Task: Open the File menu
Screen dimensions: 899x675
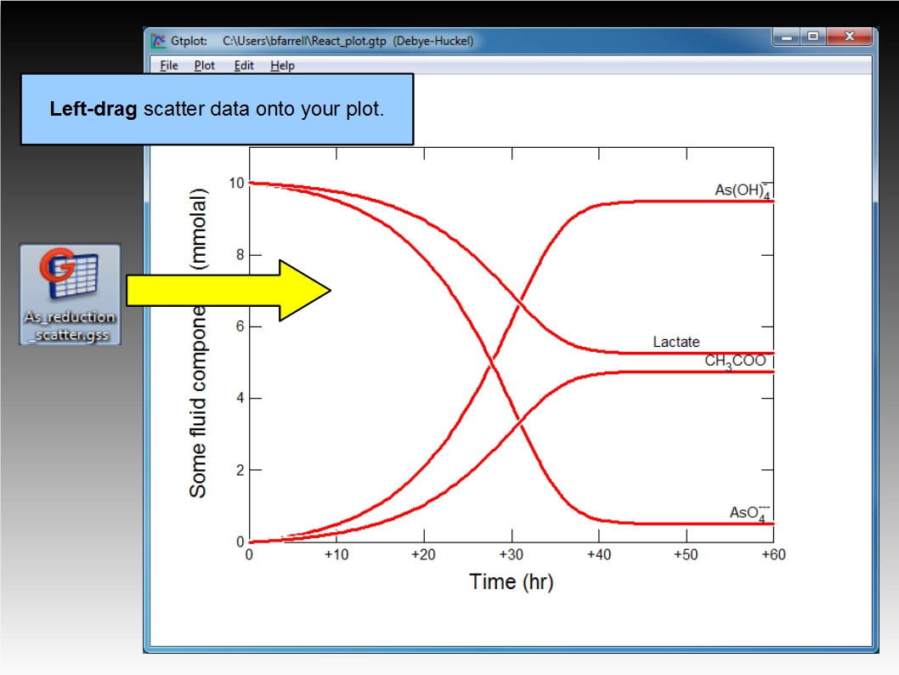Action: pos(168,65)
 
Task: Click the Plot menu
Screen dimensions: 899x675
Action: pos(204,65)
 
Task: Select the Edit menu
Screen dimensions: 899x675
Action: pos(244,65)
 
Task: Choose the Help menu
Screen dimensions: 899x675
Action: pos(282,65)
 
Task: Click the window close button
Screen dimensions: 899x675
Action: pos(849,37)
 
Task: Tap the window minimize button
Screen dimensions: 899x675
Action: pos(787,37)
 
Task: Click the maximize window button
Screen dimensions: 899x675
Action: pos(813,37)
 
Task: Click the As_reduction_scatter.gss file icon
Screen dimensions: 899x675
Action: pos(70,294)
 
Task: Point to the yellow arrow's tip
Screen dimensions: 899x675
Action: pos(331,290)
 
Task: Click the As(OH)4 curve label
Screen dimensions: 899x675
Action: pos(743,190)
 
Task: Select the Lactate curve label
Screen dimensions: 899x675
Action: pos(676,342)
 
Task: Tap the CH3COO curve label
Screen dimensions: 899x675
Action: pos(736,360)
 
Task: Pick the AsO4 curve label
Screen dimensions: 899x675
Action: pos(749,513)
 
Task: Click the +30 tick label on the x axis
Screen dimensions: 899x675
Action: pos(511,554)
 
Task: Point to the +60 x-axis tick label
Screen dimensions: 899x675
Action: pos(773,554)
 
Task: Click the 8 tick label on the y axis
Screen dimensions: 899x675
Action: pos(240,255)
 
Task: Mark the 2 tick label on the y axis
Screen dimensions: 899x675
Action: pos(240,470)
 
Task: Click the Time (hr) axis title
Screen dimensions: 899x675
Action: pos(512,582)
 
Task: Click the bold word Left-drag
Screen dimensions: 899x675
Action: pos(93,108)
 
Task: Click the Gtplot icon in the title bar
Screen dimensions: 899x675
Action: pos(158,41)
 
